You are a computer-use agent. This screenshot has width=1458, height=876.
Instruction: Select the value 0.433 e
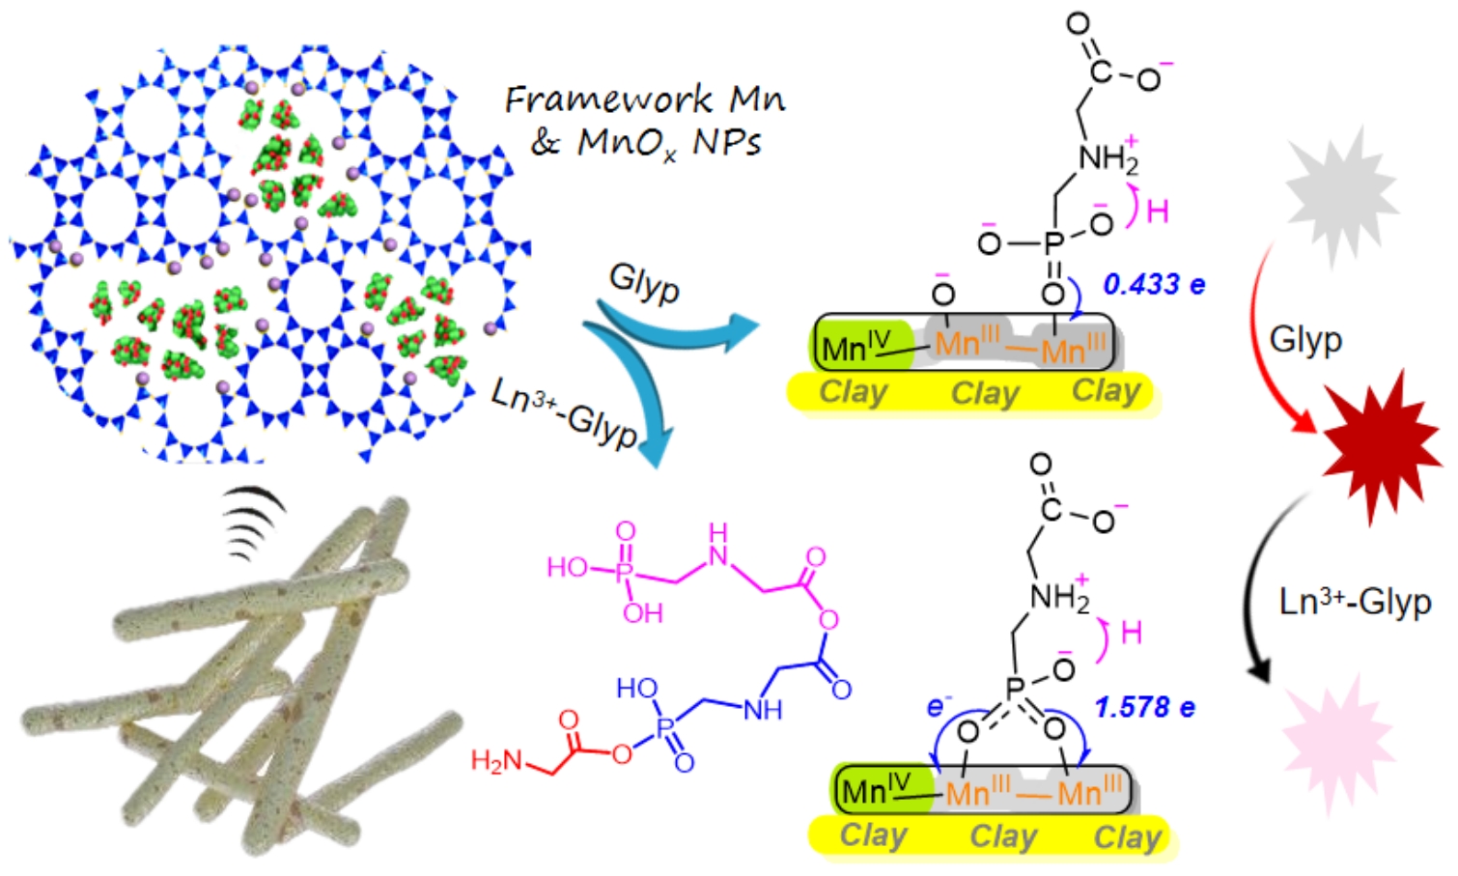pyautogui.click(x=1154, y=285)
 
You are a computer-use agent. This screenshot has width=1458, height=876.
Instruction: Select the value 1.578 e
pyautogui.click(x=1144, y=708)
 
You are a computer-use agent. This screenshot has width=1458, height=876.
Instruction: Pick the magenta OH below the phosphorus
pyautogui.click(x=642, y=612)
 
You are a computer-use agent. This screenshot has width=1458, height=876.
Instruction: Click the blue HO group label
pyautogui.click(x=637, y=689)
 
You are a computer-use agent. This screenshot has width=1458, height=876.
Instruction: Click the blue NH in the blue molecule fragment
pyautogui.click(x=762, y=711)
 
